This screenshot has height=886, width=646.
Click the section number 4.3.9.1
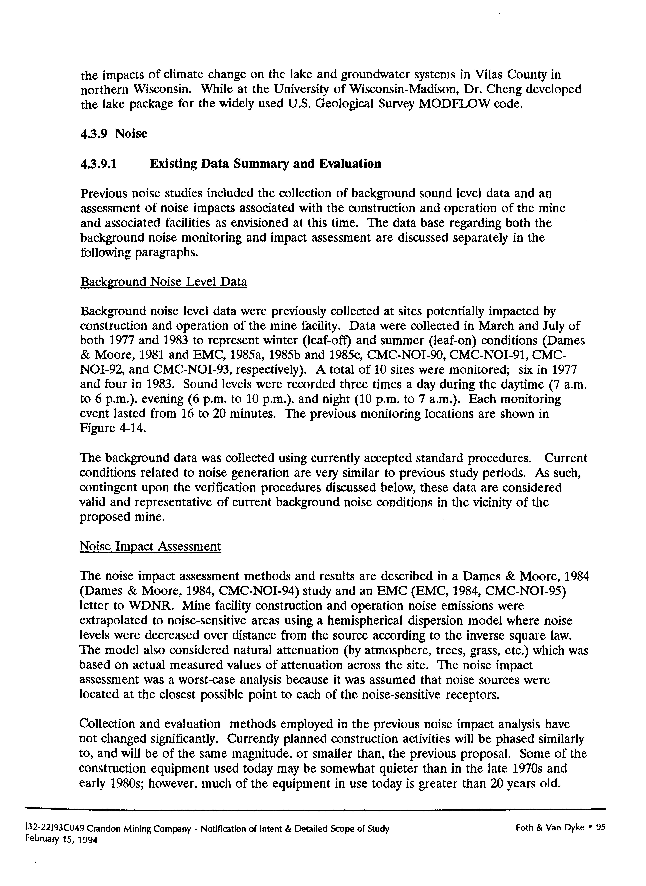pyautogui.click(x=98, y=163)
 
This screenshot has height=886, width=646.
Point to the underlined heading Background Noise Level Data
pyautogui.click(x=164, y=282)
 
